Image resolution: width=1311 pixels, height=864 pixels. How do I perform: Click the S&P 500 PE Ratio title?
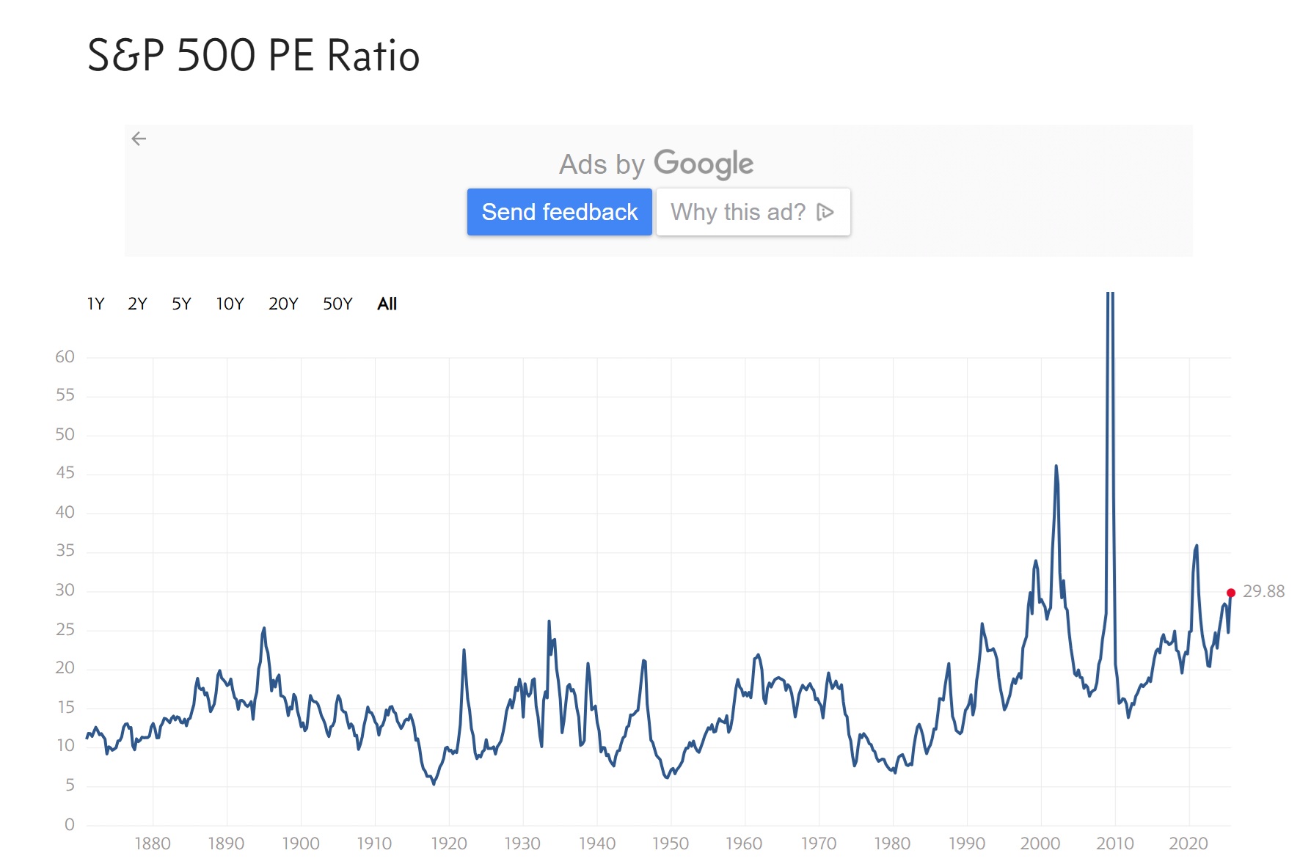click(253, 56)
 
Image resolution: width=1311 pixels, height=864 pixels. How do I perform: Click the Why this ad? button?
click(753, 212)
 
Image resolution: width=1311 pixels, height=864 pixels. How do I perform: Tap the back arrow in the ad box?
click(139, 139)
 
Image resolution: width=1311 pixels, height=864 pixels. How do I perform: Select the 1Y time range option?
click(95, 304)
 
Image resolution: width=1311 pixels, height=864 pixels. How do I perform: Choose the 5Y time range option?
click(181, 304)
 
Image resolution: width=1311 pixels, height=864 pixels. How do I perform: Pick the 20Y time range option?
click(283, 304)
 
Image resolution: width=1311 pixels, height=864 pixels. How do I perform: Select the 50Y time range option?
click(337, 304)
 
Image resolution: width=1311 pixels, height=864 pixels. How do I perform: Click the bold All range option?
click(387, 304)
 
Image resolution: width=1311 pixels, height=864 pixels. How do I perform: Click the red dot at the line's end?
click(1231, 593)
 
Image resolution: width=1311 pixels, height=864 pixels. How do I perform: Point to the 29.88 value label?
click(1263, 591)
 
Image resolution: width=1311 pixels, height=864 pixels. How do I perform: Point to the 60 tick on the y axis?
click(65, 357)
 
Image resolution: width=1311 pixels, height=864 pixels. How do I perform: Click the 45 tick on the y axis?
click(65, 473)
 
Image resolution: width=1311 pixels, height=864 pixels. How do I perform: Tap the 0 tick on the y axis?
click(70, 824)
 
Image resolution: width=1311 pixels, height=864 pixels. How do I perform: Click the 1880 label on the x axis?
click(153, 843)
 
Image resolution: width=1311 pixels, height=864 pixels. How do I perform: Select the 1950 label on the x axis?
click(671, 843)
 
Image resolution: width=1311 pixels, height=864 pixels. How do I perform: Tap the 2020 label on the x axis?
click(1188, 843)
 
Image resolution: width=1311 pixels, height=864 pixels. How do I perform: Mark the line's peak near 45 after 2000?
click(1056, 466)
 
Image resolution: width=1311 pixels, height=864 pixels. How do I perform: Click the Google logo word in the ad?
click(703, 164)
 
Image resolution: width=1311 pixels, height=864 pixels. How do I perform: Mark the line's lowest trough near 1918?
click(434, 784)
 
